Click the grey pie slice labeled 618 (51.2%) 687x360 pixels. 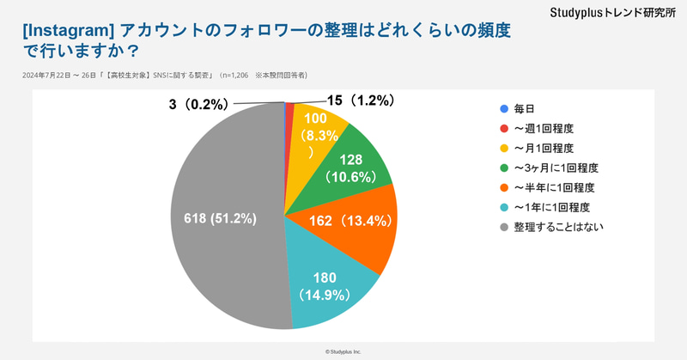219,218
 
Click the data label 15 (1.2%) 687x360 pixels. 360,101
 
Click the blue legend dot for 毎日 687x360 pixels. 504,108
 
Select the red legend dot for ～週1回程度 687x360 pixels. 504,128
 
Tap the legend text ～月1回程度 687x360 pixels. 546,148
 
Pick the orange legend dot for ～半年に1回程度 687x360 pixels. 504,187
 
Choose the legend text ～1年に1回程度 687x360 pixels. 550,207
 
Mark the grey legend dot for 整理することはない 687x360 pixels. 504,227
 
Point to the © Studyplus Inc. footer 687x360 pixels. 343,351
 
